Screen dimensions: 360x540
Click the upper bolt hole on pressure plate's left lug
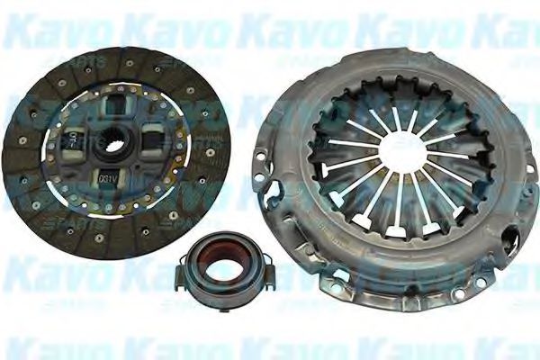[x=259, y=156]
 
